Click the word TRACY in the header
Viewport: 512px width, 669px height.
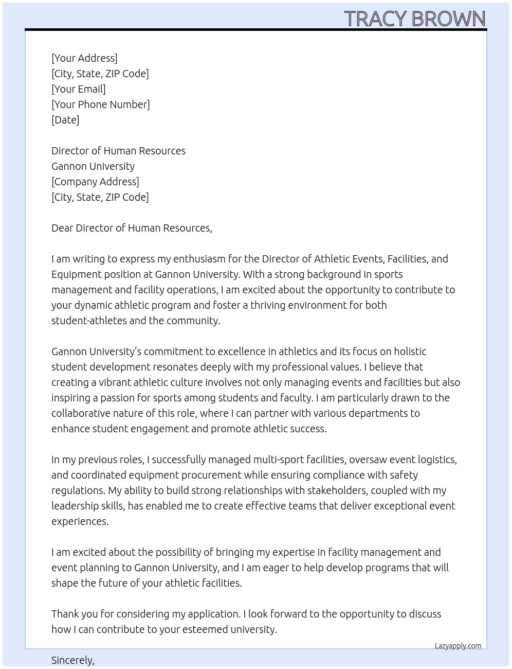click(x=375, y=19)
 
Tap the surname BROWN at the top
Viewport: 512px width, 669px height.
click(x=448, y=19)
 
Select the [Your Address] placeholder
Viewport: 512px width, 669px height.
click(x=84, y=58)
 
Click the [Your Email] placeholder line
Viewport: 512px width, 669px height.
click(x=79, y=89)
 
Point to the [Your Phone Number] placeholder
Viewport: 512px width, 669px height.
click(x=101, y=104)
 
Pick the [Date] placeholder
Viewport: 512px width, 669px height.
click(x=65, y=120)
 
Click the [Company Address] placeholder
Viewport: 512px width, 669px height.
click(x=95, y=182)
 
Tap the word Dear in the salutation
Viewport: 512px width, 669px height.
click(x=62, y=228)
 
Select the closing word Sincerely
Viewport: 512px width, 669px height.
click(x=72, y=660)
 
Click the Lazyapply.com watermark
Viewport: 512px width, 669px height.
click(x=458, y=646)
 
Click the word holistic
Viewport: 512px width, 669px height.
click(x=410, y=351)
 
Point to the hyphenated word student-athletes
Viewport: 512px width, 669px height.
click(x=89, y=321)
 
